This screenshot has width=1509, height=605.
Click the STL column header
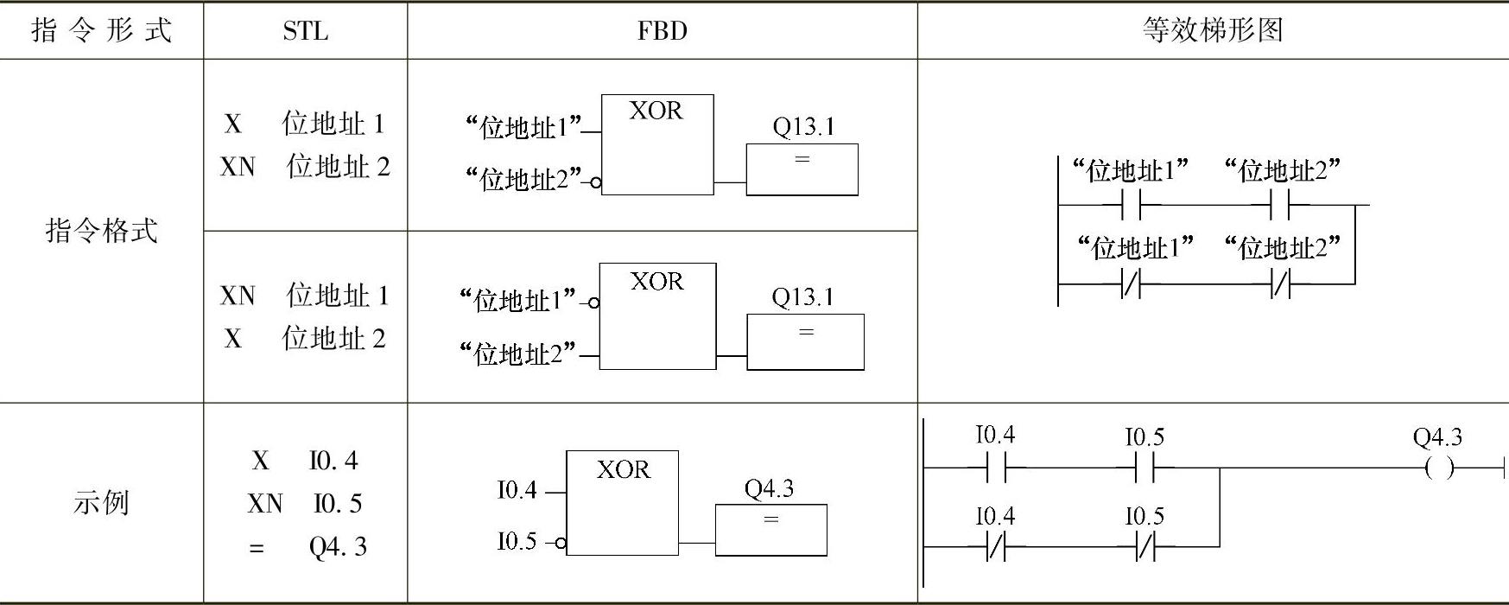click(305, 31)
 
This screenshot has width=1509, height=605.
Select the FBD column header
click(662, 31)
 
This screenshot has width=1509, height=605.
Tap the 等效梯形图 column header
click(1212, 31)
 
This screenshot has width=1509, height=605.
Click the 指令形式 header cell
click(102, 31)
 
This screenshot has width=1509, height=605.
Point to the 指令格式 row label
click(102, 231)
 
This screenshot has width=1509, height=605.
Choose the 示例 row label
click(102, 502)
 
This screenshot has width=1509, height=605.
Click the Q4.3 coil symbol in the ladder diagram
click(1438, 468)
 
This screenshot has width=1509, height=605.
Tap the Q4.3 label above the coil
click(1437, 437)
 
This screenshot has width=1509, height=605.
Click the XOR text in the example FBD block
click(623, 469)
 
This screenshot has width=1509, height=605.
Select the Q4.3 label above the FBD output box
click(769, 489)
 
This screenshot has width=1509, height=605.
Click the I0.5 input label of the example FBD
click(517, 542)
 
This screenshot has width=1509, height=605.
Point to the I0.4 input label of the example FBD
click(517, 490)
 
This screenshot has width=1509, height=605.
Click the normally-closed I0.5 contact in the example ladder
click(1144, 547)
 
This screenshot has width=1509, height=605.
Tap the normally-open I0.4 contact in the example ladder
click(996, 468)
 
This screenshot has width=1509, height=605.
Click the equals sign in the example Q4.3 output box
click(770, 520)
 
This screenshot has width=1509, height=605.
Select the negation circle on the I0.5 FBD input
click(561, 543)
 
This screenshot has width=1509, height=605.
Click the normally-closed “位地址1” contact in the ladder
click(1131, 283)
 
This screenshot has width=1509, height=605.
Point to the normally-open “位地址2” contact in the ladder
click(1281, 206)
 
